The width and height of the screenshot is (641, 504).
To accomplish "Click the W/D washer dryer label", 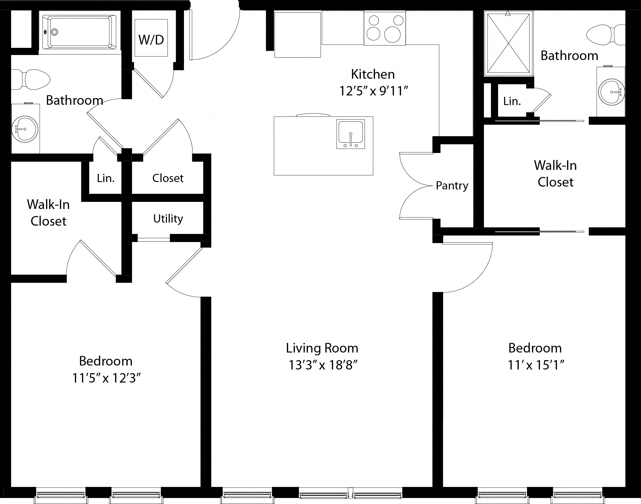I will [x=151, y=40].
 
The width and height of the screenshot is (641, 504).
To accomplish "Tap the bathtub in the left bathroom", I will [x=80, y=32].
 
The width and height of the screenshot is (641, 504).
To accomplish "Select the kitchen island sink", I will [x=351, y=134].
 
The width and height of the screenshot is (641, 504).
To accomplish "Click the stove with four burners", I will [x=385, y=28].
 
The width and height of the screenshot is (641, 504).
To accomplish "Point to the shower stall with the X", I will [x=508, y=43].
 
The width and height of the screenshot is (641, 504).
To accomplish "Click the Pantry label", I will [x=452, y=186].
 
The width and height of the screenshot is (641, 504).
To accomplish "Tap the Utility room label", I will [x=168, y=219].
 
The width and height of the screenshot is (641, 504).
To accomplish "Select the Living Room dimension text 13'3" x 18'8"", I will [x=323, y=365].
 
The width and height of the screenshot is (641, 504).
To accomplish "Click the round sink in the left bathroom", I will [x=25, y=129].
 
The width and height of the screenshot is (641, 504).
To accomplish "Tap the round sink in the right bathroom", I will [x=611, y=92].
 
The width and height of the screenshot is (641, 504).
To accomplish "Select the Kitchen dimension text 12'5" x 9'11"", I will [x=373, y=91].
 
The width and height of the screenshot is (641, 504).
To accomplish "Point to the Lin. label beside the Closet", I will [x=106, y=178].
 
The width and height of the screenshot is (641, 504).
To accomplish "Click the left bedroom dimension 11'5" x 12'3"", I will [x=106, y=378].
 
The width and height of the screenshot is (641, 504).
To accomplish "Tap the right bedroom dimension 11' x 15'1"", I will [x=535, y=365].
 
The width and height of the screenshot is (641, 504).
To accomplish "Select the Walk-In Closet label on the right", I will [x=555, y=174].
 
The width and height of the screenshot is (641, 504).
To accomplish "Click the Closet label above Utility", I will [x=168, y=178].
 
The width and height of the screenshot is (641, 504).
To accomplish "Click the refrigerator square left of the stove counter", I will [x=297, y=35].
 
